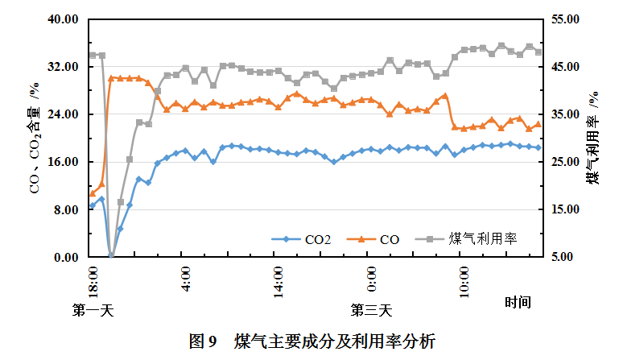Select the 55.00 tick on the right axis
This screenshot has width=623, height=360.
click(564, 19)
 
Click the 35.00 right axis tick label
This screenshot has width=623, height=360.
click(564, 114)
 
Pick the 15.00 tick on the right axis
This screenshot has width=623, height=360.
click(564, 210)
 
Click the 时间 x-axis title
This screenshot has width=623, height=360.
click(518, 303)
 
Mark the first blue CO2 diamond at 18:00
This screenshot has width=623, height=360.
click(92, 205)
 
